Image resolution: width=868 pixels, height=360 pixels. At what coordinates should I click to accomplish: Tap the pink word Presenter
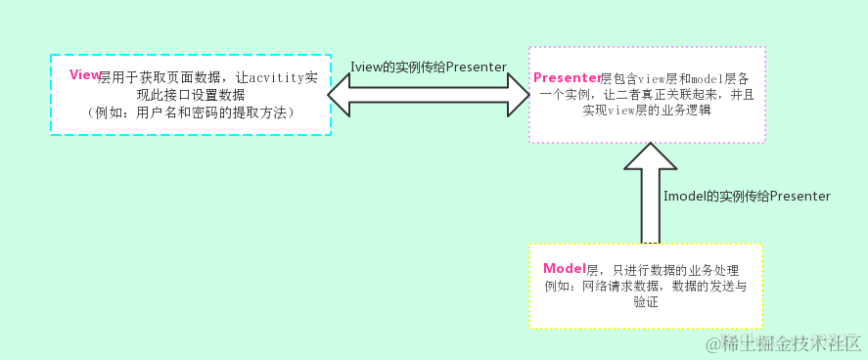pos(567,76)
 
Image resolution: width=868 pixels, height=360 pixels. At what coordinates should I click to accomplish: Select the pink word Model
pos(564,268)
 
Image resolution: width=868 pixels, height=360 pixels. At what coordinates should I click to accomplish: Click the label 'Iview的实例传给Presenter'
pos(429,67)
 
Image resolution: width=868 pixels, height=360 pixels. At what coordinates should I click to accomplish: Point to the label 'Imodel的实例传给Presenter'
pos(747,197)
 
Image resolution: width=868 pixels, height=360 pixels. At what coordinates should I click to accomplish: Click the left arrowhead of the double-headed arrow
pos(343,97)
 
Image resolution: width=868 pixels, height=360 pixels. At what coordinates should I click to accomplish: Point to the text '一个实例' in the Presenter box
pos(565,95)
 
